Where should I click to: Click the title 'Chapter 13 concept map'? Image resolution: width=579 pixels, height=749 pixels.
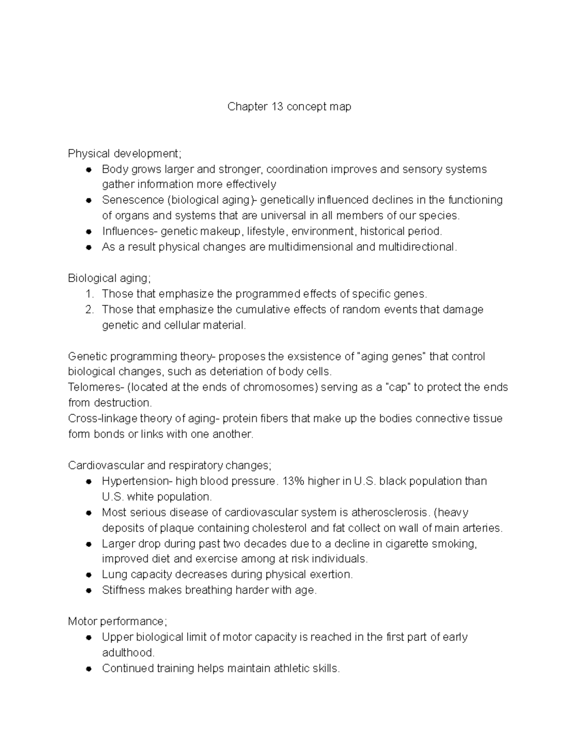coord(289,107)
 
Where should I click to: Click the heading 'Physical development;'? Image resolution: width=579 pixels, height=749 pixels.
coord(125,153)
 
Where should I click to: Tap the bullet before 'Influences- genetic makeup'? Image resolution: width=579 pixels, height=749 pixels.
coord(88,232)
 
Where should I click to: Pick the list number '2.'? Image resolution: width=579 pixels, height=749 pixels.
coord(89,309)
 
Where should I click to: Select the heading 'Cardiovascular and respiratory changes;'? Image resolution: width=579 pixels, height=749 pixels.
coord(170,465)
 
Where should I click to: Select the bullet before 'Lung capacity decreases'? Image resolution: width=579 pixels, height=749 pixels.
coord(88,575)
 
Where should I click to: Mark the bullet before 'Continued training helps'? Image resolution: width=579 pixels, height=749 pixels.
coord(88,668)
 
